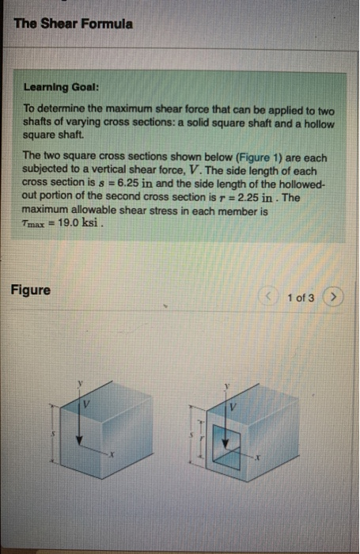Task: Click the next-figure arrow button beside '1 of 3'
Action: (335, 297)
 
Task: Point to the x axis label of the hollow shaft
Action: (258, 457)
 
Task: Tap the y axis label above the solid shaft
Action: (79, 381)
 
